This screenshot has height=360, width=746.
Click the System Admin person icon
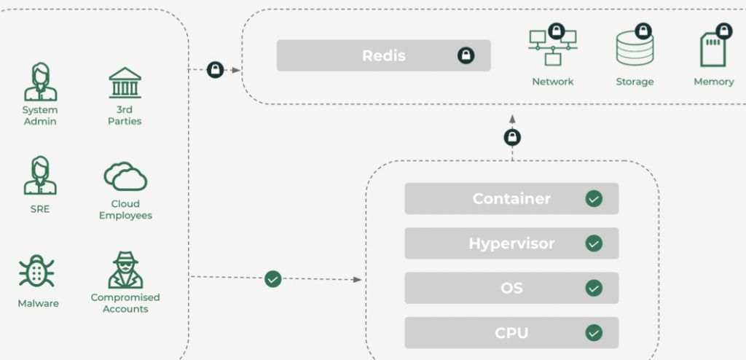click(40, 82)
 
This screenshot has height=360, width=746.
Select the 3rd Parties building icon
click(125, 82)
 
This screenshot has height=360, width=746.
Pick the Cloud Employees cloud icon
click(125, 176)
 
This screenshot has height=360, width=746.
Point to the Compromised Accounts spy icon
click(125, 270)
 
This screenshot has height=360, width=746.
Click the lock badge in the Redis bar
click(466, 55)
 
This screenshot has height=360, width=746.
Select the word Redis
click(384, 55)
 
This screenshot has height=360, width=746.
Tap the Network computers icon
click(551, 49)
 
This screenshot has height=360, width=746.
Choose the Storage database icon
click(634, 48)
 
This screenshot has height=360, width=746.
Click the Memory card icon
click(713, 49)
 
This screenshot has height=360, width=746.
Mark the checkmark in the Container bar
click(594, 198)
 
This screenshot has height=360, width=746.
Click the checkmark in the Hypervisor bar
click(594, 243)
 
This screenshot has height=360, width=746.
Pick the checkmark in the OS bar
click(594, 288)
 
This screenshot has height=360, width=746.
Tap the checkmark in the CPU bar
click(594, 333)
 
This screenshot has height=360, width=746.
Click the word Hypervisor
click(512, 243)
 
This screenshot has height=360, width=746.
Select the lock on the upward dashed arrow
click(512, 137)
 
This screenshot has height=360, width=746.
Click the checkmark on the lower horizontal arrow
click(273, 278)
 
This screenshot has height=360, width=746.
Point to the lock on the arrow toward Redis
click(215, 70)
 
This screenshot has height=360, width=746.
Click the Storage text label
click(635, 82)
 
